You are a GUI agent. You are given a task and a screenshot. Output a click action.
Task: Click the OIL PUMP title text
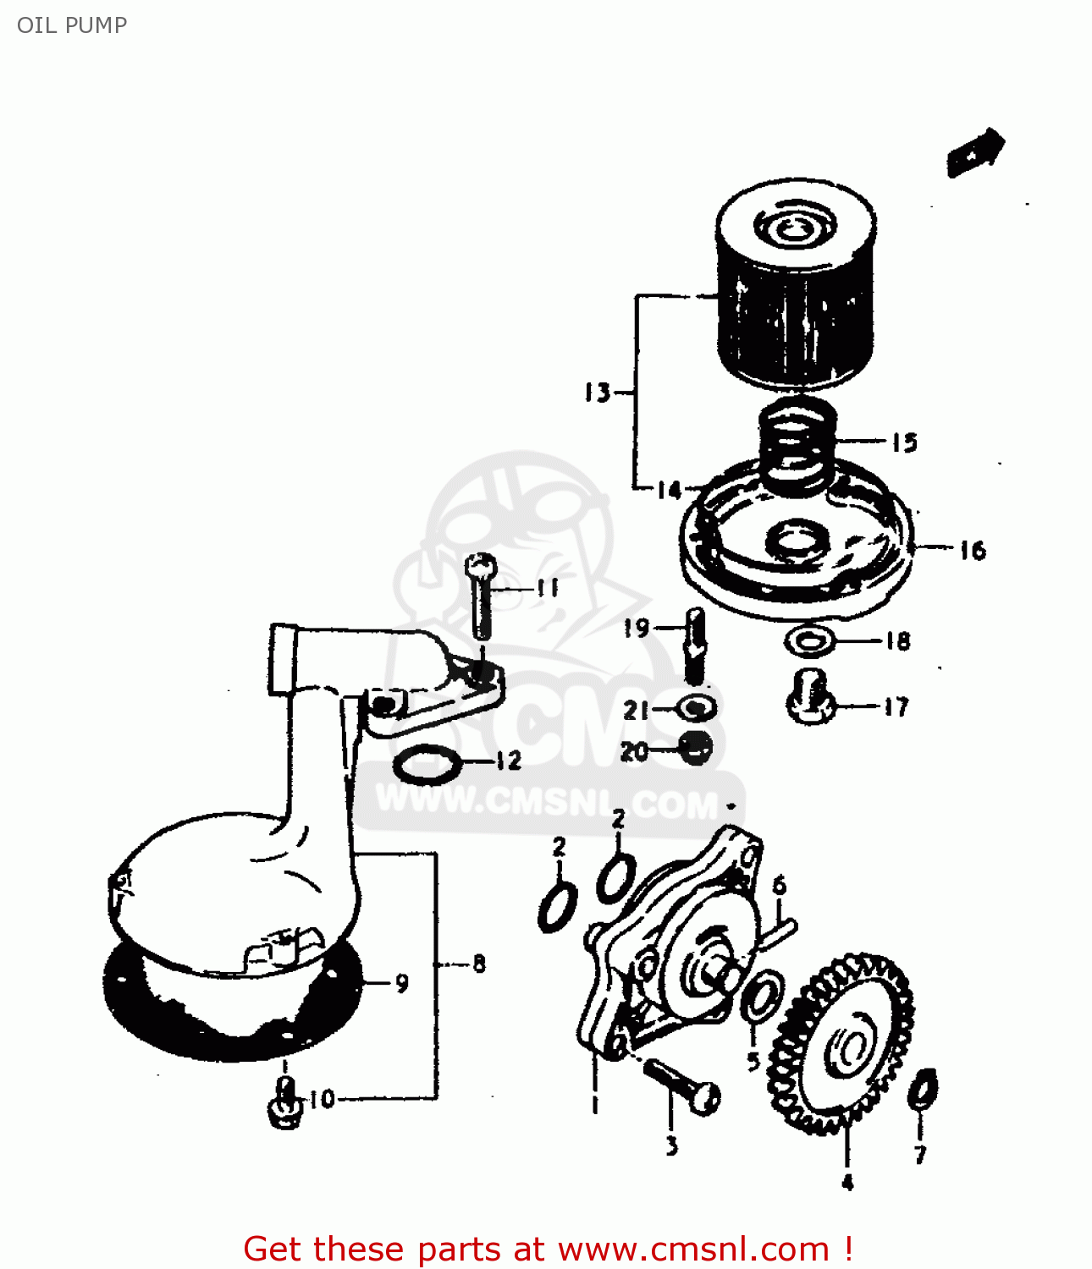click(x=72, y=25)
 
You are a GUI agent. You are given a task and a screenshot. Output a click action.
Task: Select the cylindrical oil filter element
click(x=794, y=288)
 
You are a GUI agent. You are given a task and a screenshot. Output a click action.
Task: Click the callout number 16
click(x=973, y=551)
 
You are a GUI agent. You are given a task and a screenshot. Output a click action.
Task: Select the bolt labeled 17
click(x=810, y=698)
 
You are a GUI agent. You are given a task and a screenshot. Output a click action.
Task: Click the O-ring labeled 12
click(x=428, y=765)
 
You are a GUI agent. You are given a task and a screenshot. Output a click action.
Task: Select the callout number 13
click(x=597, y=393)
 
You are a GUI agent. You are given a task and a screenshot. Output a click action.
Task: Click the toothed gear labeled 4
click(x=842, y=1045)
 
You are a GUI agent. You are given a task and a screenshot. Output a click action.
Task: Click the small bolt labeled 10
click(x=285, y=1104)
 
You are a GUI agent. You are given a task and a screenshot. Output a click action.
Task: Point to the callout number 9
click(x=401, y=983)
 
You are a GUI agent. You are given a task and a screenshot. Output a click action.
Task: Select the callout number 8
click(x=479, y=964)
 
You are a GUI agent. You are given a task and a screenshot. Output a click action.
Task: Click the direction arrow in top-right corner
click(x=975, y=152)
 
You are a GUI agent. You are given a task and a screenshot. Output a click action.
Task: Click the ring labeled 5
click(x=761, y=997)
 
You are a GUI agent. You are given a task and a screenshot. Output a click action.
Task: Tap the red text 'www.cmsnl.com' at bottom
click(x=694, y=1250)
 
